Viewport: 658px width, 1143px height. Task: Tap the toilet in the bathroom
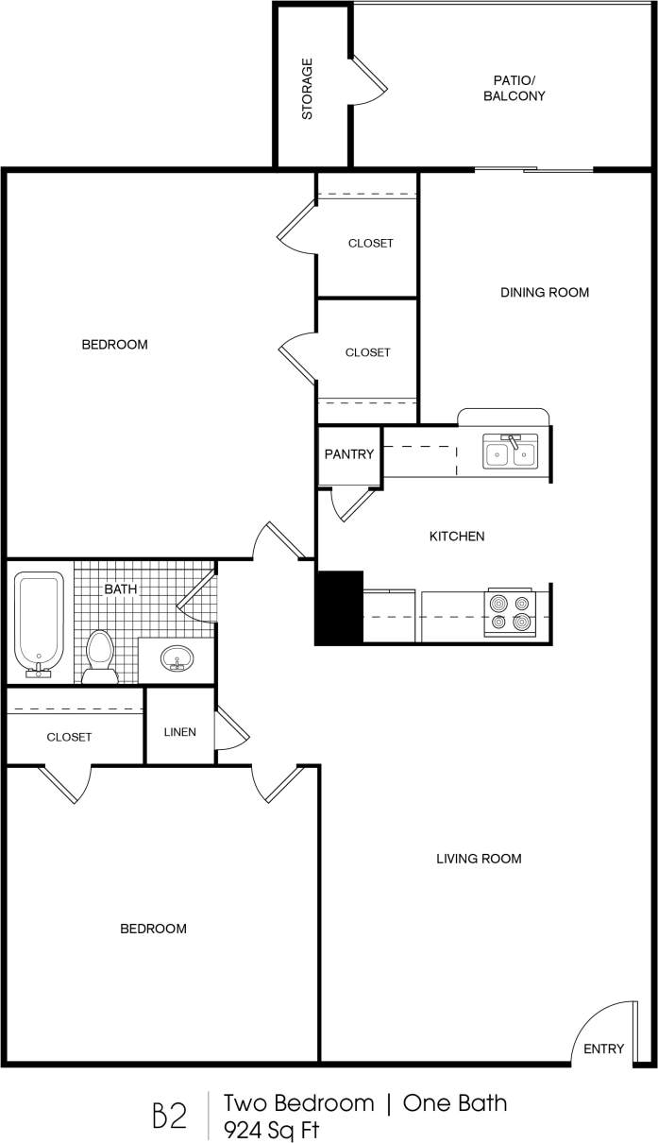point(99,654)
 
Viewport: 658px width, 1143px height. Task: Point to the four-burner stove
point(510,612)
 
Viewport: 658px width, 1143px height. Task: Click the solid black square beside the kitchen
point(339,607)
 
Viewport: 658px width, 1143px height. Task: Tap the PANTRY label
point(349,454)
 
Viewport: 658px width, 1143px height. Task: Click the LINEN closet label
point(180,731)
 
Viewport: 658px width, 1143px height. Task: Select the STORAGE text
point(307,90)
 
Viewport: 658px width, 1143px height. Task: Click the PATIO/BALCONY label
point(514,88)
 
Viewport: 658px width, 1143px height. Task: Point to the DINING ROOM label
point(544,293)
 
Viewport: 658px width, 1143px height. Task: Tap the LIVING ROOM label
point(479,859)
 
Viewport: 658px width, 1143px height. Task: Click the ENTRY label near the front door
point(603,1049)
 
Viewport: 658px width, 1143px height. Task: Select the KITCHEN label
point(457,537)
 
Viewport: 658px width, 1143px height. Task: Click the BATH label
point(120,589)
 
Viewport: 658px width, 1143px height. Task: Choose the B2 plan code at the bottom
point(169,1116)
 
